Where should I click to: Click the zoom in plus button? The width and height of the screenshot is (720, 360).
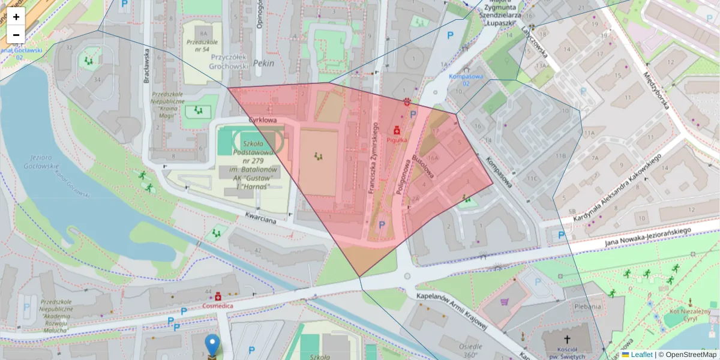pyautogui.click(x=16, y=17)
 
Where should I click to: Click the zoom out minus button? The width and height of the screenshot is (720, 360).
pyautogui.click(x=16, y=35)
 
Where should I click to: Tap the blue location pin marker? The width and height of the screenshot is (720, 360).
pyautogui.click(x=212, y=345)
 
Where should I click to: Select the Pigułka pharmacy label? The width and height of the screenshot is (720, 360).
pyautogui.click(x=397, y=139)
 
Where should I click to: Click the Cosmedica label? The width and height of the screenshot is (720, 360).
pyautogui.click(x=217, y=305)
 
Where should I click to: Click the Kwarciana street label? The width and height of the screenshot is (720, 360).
pyautogui.click(x=260, y=217)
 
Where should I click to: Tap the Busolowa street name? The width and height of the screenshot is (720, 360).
pyautogui.click(x=422, y=165)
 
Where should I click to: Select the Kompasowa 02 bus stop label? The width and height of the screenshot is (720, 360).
pyautogui.click(x=466, y=79)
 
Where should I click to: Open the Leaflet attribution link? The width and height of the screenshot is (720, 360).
pyautogui.click(x=641, y=355)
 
